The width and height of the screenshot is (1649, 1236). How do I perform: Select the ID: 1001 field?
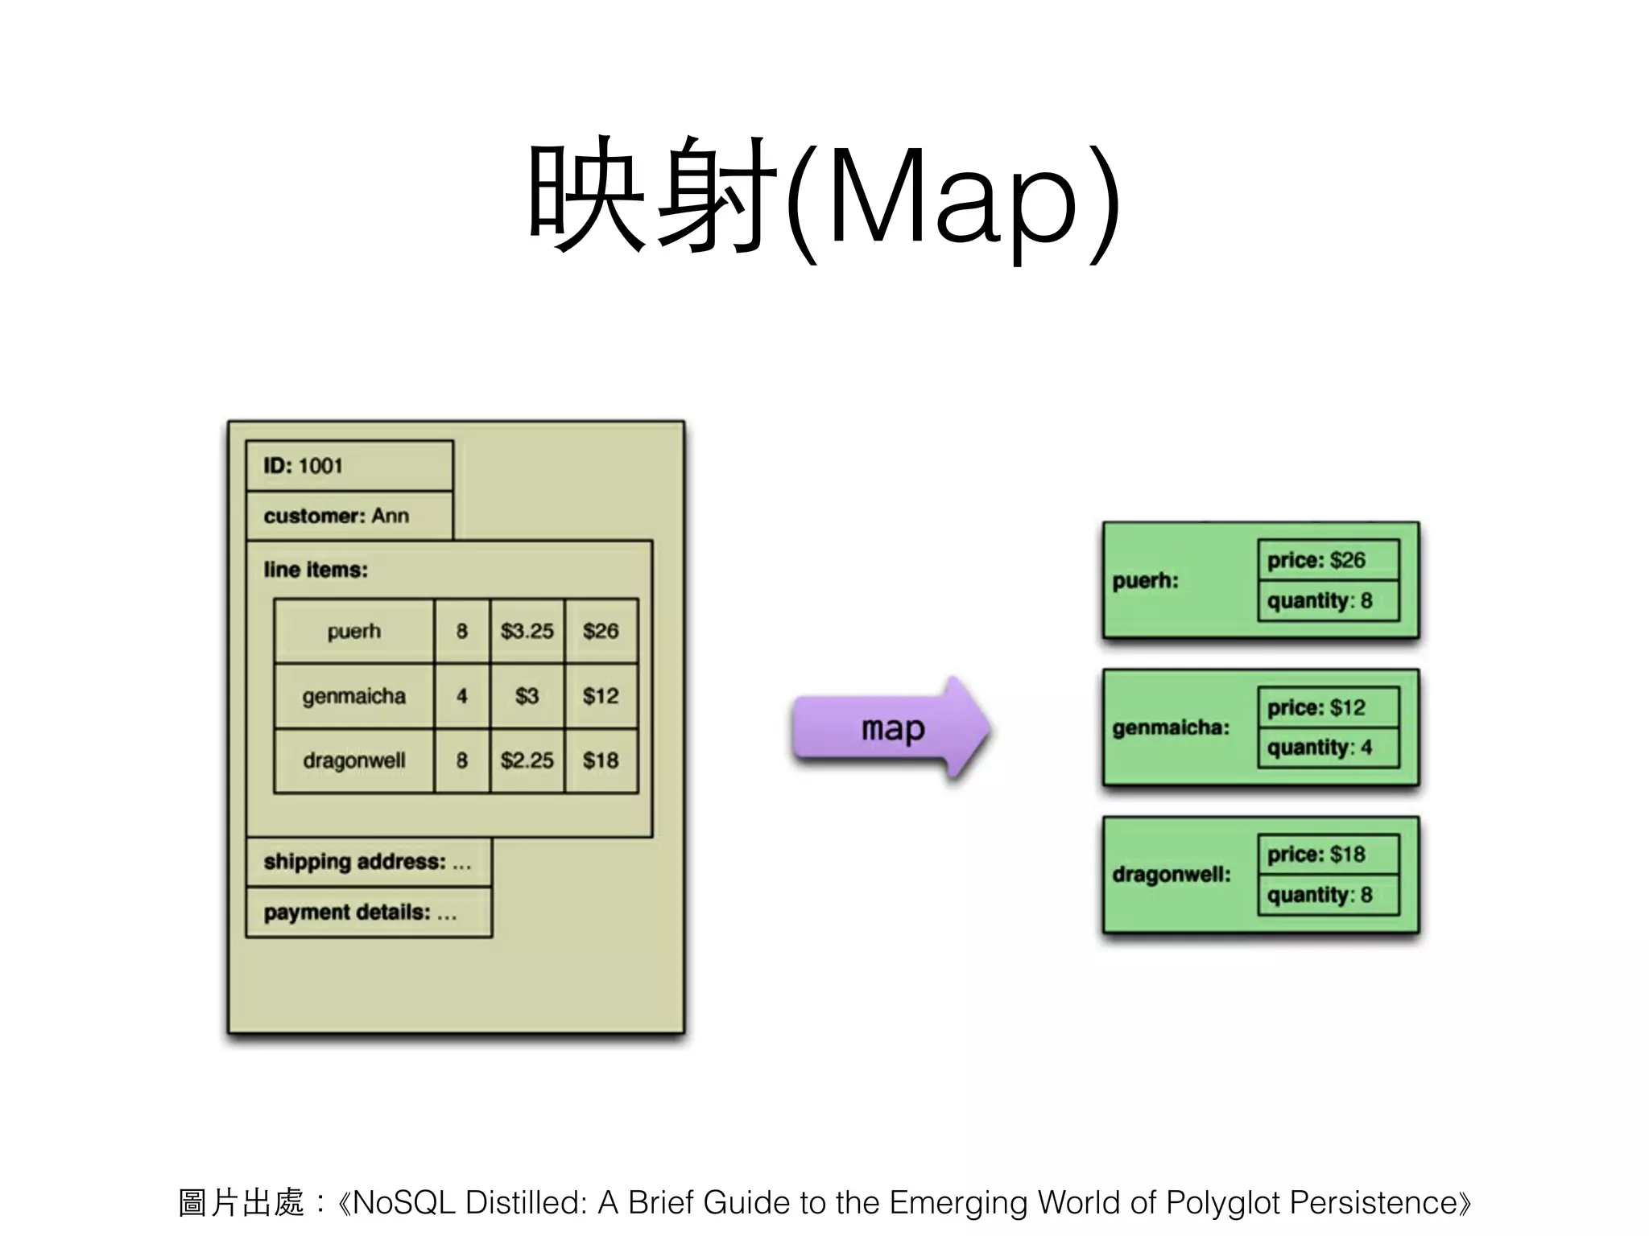(349, 466)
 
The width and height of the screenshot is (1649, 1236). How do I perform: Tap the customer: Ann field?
(349, 516)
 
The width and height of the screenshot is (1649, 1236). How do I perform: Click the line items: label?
(316, 570)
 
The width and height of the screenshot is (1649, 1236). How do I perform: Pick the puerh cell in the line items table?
(354, 631)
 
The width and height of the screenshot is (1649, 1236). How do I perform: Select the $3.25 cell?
(527, 631)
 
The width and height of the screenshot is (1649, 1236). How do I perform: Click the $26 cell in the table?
(601, 631)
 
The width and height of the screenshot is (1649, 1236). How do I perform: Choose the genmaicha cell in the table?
(354, 696)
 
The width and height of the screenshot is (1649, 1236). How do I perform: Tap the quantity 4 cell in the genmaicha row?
(462, 696)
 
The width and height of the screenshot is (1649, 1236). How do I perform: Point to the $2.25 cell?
(527, 760)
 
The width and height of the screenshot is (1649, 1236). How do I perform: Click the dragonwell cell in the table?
(354, 760)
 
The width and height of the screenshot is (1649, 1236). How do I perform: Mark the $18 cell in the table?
(601, 760)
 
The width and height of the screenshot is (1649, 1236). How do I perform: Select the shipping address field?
(369, 862)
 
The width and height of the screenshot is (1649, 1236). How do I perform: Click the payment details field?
(369, 913)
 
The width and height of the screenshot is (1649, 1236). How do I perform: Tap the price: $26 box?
(1329, 559)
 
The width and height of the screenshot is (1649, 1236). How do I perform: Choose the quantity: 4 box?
(1329, 748)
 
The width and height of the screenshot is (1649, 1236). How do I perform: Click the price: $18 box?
(1329, 854)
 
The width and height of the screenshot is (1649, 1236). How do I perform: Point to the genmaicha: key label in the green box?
(1171, 727)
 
